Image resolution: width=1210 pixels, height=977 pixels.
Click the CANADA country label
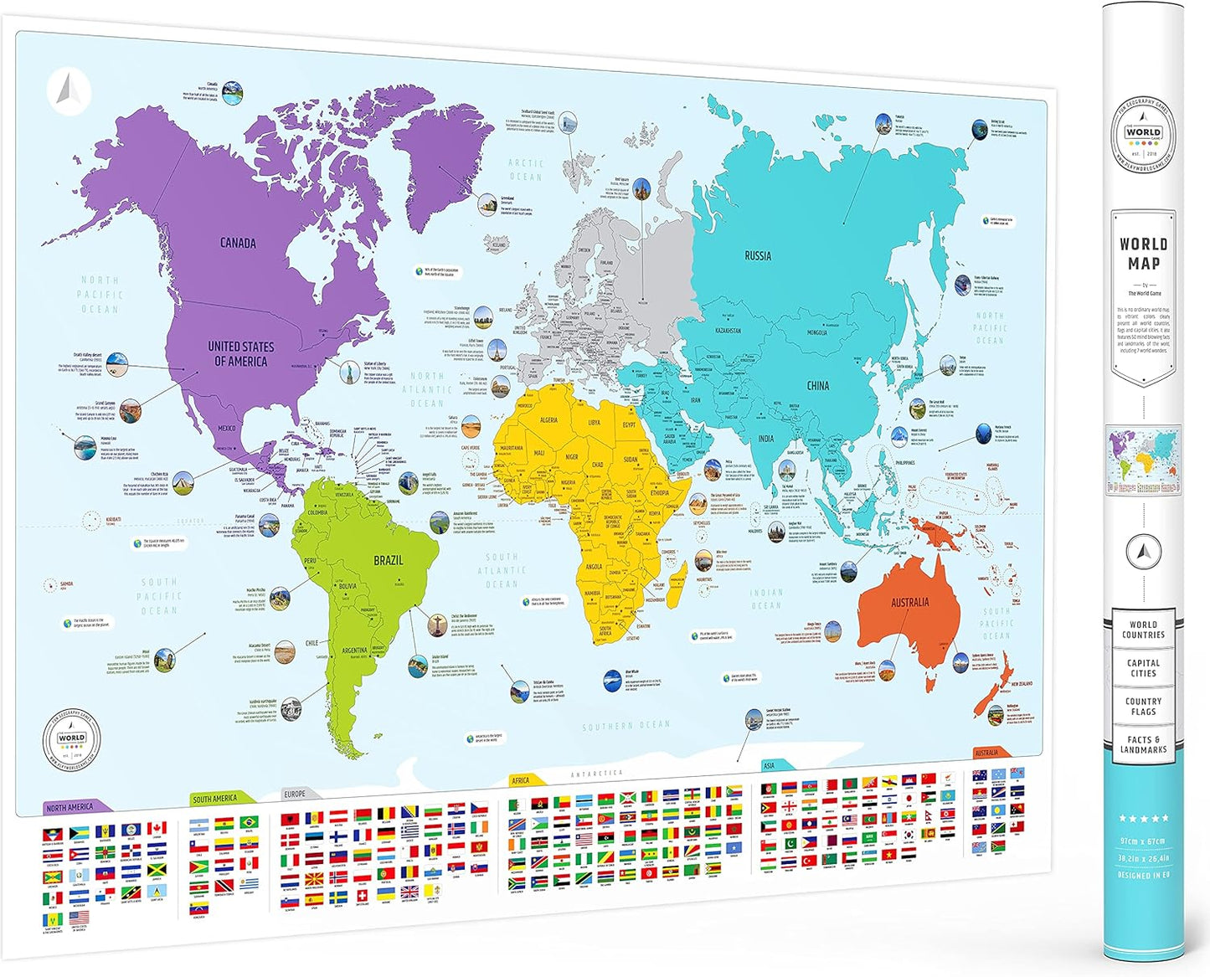click(238, 243)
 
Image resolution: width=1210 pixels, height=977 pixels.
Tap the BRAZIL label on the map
click(388, 560)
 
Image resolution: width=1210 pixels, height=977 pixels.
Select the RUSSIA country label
click(758, 255)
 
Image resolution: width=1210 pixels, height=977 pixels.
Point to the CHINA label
click(818, 385)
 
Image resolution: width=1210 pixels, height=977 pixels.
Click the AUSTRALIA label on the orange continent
click(909, 602)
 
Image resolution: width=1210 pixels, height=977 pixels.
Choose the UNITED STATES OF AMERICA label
click(241, 353)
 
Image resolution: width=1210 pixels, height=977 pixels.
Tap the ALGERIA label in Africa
click(548, 420)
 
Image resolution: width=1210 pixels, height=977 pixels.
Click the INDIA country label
click(766, 439)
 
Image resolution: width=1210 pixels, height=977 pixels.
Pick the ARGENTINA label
click(355, 650)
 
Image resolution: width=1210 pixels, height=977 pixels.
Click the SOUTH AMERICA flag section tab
click(217, 799)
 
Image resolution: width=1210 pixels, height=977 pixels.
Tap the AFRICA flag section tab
click(523, 780)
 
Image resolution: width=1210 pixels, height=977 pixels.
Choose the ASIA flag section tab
click(770, 765)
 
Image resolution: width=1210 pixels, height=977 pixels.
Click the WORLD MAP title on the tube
click(1143, 253)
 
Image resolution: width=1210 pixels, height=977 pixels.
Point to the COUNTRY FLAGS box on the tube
click(1143, 706)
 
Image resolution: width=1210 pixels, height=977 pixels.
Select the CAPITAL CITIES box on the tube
click(1143, 667)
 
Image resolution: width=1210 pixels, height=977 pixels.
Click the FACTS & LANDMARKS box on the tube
click(1143, 744)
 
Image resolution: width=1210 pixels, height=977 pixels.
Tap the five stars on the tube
click(1143, 818)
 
